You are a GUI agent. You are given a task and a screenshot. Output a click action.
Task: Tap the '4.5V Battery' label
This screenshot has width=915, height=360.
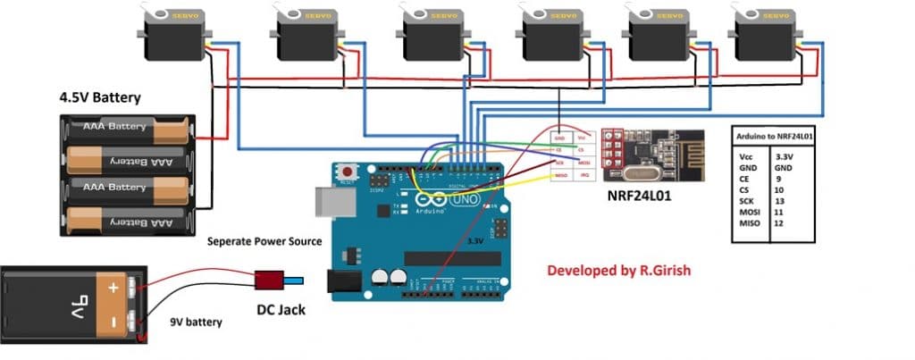click(99, 96)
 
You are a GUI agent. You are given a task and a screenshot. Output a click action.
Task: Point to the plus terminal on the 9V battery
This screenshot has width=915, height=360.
click(113, 289)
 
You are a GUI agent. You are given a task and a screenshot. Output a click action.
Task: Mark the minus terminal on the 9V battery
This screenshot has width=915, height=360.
click(113, 319)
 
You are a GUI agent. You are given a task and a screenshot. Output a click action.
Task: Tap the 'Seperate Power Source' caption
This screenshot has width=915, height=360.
click(264, 242)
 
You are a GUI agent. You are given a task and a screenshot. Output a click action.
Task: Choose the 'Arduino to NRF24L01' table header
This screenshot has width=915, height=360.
click(780, 136)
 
